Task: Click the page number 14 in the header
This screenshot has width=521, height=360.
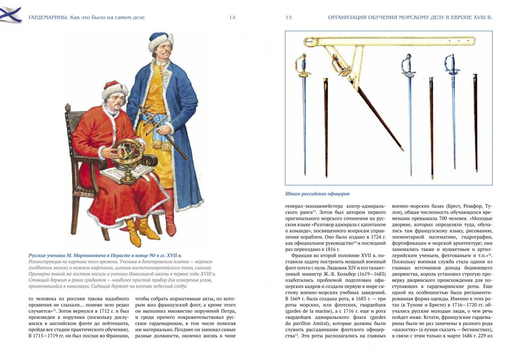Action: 232,18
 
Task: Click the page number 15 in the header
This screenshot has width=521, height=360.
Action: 289,18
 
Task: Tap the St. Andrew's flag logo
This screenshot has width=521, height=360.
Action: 11,15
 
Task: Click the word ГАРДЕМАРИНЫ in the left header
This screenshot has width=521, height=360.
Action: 48,18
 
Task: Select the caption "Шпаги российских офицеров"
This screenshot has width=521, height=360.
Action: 317,194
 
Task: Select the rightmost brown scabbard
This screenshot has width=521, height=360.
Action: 475,122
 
